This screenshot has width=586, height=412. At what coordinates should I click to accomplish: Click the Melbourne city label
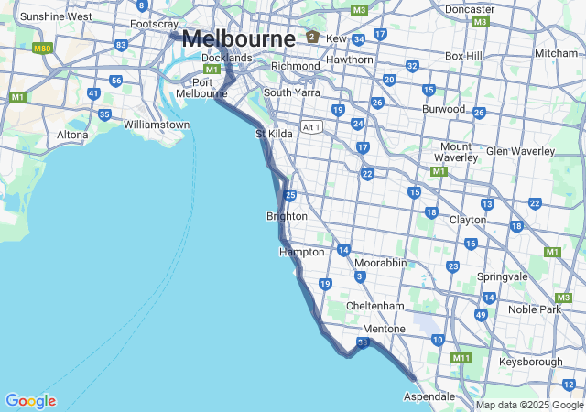pos(238,38)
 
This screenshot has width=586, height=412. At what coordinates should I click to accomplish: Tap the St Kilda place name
pos(273,135)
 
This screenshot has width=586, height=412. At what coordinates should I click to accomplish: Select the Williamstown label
pos(157,125)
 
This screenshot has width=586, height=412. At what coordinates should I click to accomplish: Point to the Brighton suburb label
pos(287,216)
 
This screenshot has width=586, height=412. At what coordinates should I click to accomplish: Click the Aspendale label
pos(429,396)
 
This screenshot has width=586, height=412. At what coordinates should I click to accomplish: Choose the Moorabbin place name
pos(380,263)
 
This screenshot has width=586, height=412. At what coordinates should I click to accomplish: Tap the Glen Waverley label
pos(521,151)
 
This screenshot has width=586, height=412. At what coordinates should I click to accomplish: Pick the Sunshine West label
pos(56,16)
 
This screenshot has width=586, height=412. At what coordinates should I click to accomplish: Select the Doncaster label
pos(470,9)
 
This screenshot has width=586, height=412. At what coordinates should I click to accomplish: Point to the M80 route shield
pos(42,48)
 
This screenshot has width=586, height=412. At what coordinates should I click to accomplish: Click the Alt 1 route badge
pos(312,126)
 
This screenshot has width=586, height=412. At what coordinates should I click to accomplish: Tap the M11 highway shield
pos(461,358)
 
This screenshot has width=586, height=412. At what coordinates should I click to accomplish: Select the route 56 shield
pos(115,81)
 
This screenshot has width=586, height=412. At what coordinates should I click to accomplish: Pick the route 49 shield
pos(481,315)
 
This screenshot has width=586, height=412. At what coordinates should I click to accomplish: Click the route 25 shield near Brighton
pos(289,195)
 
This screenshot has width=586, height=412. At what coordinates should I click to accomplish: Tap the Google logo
pos(30,401)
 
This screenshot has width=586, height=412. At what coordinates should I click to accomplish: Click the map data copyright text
pos(529,405)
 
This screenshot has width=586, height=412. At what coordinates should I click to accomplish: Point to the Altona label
pos(73,135)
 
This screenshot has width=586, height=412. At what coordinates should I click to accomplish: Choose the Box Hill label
pos(463,56)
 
